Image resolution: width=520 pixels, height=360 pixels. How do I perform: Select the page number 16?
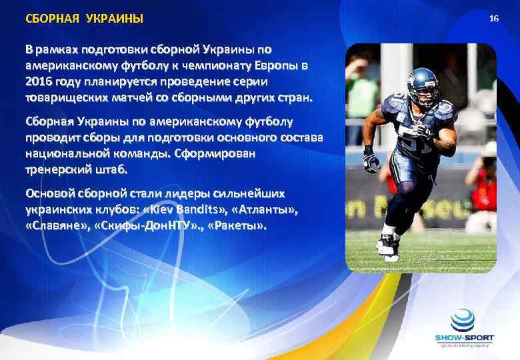493,18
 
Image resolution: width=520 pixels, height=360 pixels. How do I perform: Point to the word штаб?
115,169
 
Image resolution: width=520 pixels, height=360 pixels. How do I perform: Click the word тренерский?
60,169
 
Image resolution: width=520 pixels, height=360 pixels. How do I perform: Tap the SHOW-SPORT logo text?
464,338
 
